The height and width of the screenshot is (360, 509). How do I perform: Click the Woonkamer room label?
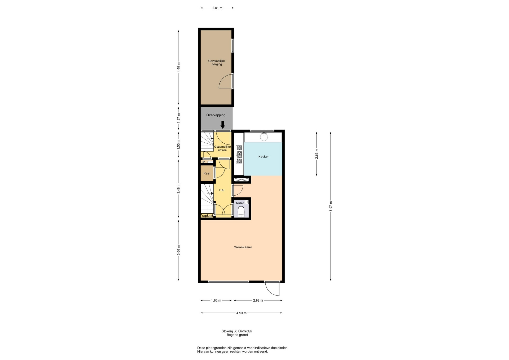[243, 247]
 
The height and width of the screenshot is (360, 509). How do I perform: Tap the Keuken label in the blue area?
[264, 157]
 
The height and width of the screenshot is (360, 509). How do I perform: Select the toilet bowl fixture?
[241, 211]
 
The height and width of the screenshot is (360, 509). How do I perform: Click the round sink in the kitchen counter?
[264, 137]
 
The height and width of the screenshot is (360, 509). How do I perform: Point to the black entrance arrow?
[223, 125]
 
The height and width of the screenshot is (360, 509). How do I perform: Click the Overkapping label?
[216, 115]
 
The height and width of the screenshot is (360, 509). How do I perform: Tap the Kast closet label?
[207, 173]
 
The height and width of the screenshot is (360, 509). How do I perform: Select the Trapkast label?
[207, 216]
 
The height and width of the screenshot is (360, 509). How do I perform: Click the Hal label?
[222, 190]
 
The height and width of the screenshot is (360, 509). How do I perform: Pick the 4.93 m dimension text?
[241, 313]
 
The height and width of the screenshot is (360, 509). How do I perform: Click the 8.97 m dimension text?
[331, 206]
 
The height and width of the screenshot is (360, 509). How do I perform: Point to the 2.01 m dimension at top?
[217, 8]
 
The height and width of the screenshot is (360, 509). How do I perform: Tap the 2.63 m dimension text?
[317, 154]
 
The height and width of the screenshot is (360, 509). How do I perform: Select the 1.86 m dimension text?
[216, 300]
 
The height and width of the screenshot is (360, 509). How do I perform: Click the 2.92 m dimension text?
[258, 300]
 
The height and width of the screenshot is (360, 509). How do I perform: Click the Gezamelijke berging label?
[217, 63]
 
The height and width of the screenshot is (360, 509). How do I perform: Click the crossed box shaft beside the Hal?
[241, 180]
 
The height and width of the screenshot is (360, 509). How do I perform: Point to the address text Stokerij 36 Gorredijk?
[237, 331]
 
